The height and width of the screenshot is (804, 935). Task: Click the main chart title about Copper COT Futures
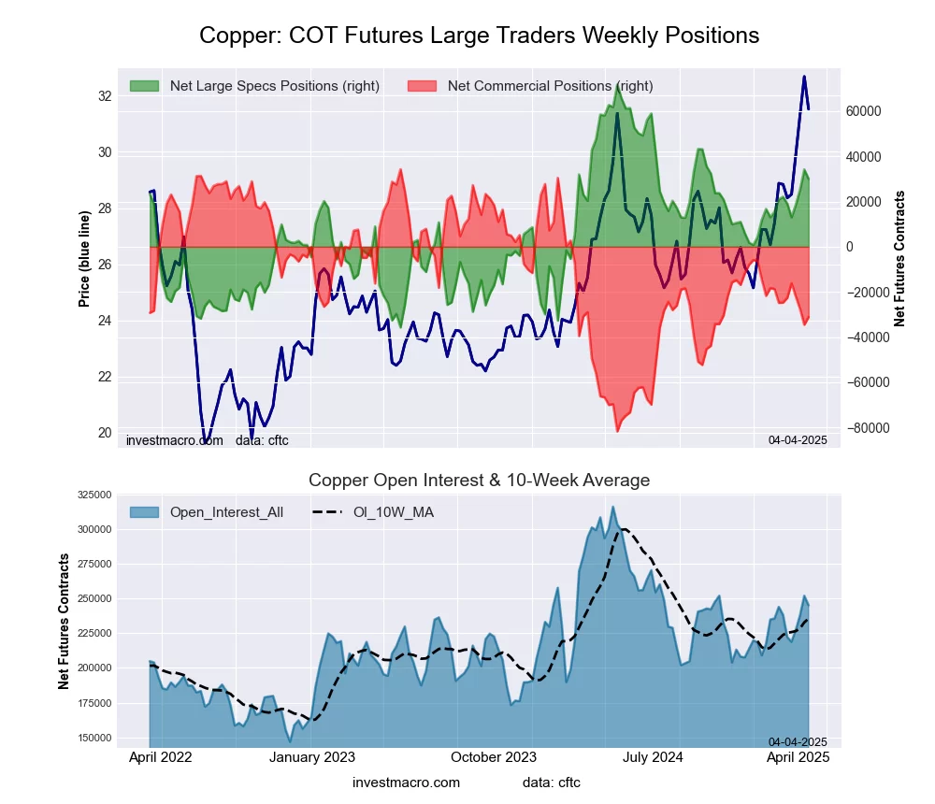479,36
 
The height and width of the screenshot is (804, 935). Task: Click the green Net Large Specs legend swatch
145,86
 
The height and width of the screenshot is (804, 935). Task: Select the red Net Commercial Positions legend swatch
423,86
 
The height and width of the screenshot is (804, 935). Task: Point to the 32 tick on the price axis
105,96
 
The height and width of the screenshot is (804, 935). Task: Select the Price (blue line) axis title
84,259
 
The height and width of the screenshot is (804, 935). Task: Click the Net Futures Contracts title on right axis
900,259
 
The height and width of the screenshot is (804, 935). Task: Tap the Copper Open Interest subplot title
479,481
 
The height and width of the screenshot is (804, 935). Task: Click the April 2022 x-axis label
159,757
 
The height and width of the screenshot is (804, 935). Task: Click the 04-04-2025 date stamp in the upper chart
798,439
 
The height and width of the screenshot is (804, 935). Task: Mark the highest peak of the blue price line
803,77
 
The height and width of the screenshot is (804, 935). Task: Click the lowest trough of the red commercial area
617,431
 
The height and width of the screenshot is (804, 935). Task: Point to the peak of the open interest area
612,507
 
